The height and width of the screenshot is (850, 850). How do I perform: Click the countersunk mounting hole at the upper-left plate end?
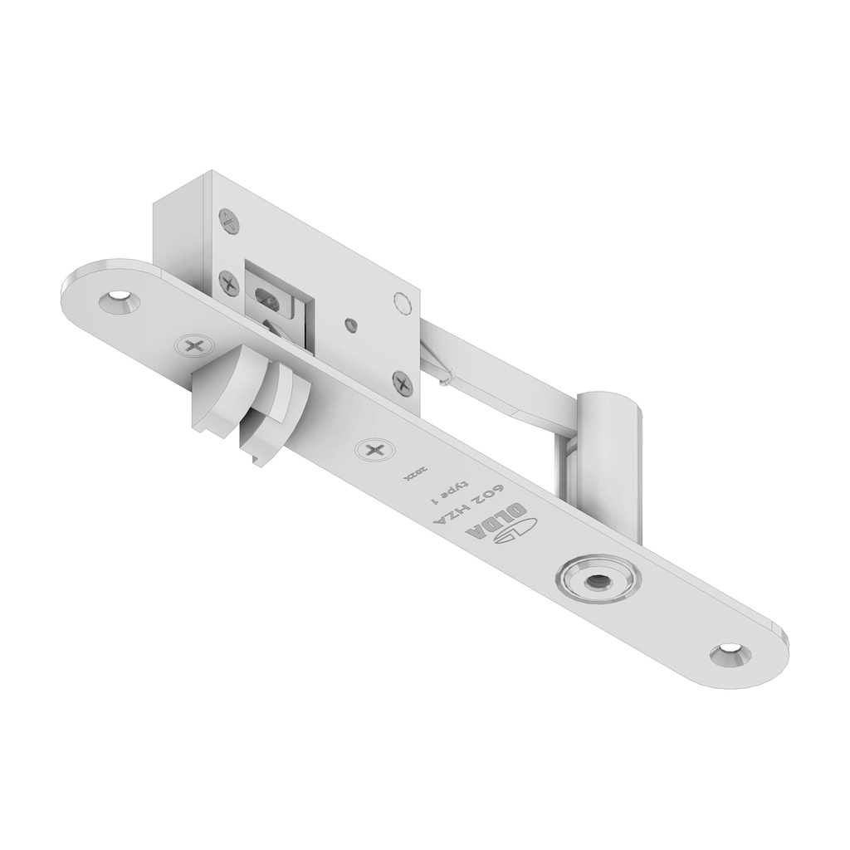tap(119, 300)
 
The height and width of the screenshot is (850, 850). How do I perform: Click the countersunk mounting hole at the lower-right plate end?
tap(730, 653)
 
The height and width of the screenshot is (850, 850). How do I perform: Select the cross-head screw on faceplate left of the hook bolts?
tap(194, 346)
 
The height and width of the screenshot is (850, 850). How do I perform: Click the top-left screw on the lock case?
tap(229, 221)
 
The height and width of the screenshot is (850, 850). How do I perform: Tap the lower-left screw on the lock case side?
tap(228, 282)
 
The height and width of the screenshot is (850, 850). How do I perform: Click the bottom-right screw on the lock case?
tap(403, 383)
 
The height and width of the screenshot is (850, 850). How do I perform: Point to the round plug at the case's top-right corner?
tap(403, 303)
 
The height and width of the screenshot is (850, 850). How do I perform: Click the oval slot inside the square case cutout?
tap(269, 296)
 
